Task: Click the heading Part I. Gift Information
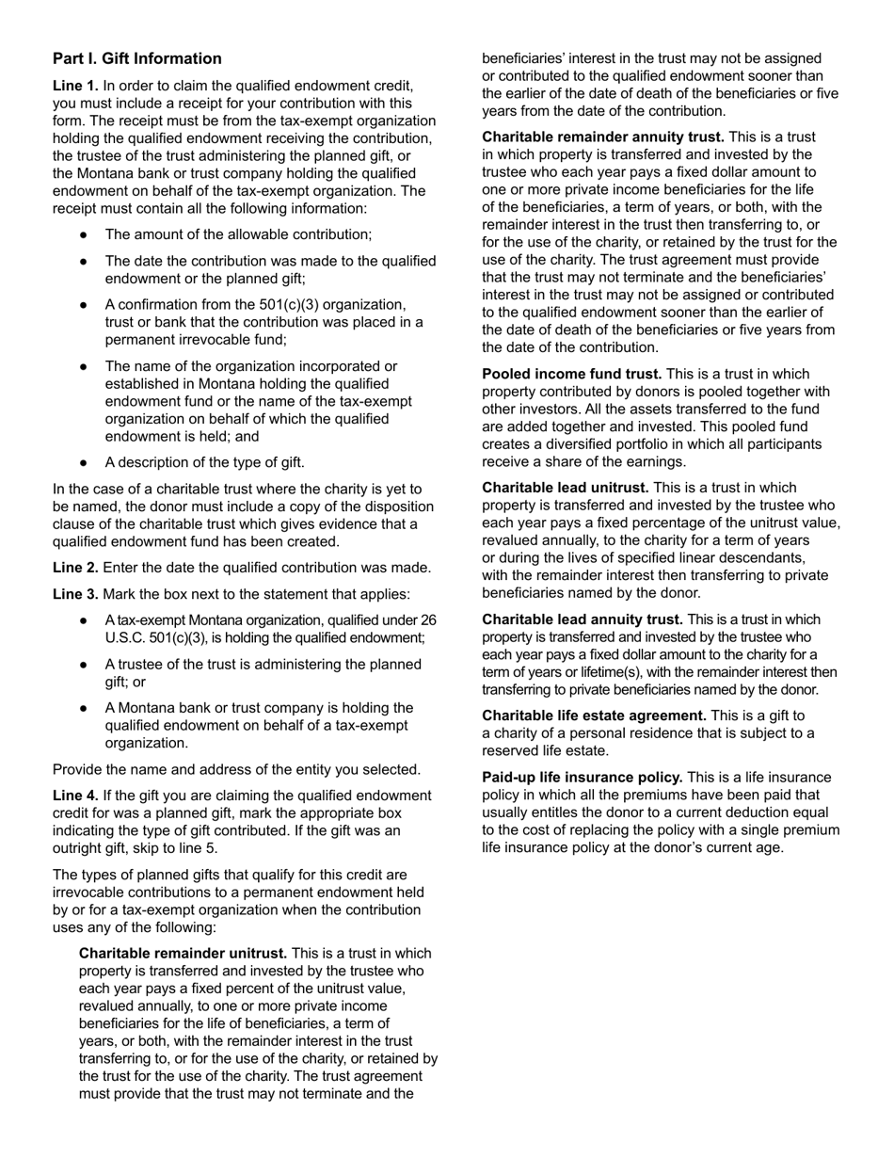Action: coord(137,58)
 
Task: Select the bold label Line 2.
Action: coord(75,568)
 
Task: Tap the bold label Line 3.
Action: coord(75,594)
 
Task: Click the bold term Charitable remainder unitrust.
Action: coord(183,953)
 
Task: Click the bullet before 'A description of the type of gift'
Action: coord(85,462)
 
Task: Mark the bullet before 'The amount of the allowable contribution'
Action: coord(85,234)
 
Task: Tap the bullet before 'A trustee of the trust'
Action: coord(85,665)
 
